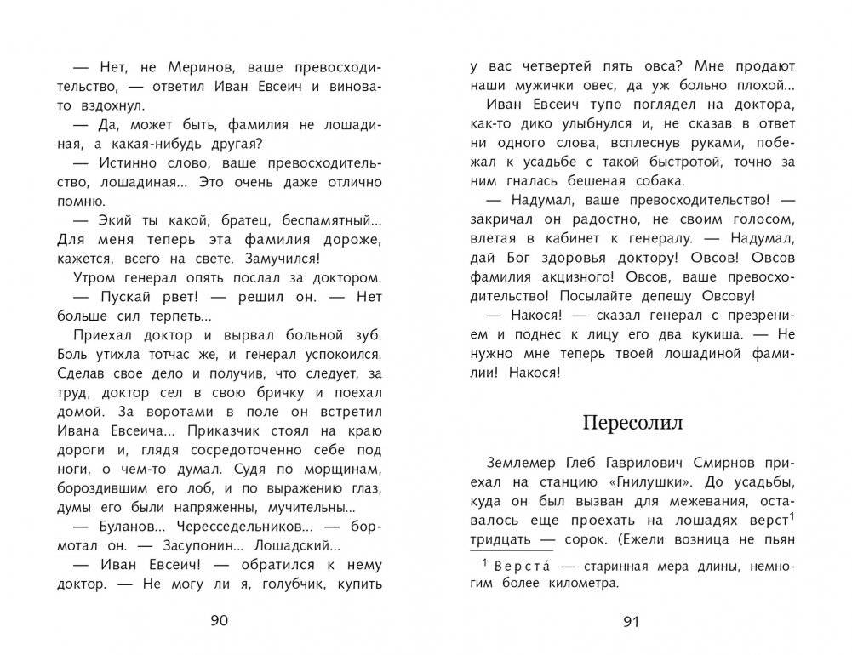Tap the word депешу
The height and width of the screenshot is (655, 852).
coord(683,297)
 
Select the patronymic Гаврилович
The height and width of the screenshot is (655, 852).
coord(630,464)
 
